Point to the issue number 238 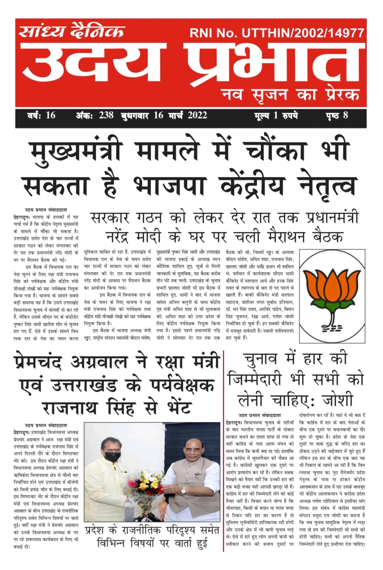(106, 115)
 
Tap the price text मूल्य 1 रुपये (276, 115)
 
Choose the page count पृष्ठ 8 (337, 115)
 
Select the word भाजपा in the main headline (170, 186)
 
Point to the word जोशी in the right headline (337, 400)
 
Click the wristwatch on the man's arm (183, 490)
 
